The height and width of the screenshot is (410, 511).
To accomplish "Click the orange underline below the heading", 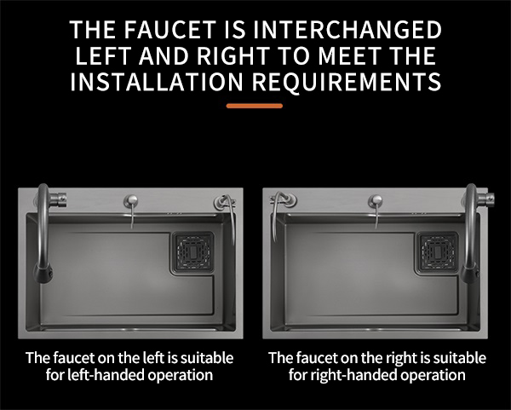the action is (x=254, y=106).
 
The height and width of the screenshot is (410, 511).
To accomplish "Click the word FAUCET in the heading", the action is (x=169, y=29).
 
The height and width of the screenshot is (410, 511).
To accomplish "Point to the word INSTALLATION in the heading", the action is (x=157, y=82).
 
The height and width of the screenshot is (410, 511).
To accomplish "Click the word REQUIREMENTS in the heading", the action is (x=347, y=82).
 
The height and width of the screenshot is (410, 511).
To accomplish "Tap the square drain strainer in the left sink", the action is (x=193, y=251).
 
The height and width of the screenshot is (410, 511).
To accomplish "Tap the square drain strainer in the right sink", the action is (x=438, y=251).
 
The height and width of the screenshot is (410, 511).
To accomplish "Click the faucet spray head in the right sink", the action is (x=469, y=273).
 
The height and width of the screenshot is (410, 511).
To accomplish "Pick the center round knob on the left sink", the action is (x=130, y=200).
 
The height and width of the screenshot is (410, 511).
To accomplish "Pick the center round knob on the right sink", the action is (x=375, y=200).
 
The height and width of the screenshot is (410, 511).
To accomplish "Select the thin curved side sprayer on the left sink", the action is (x=233, y=218).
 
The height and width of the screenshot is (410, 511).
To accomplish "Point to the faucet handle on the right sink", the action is (x=487, y=198).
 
